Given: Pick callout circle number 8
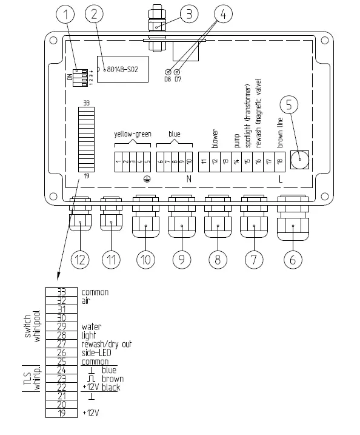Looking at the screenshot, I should click(217, 260).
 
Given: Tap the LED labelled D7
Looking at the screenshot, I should click(178, 72).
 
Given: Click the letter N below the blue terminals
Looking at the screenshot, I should click(188, 179).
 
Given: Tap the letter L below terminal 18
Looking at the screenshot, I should click(280, 179).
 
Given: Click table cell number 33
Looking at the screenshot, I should click(61, 292).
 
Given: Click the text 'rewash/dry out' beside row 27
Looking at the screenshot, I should click(106, 343).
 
